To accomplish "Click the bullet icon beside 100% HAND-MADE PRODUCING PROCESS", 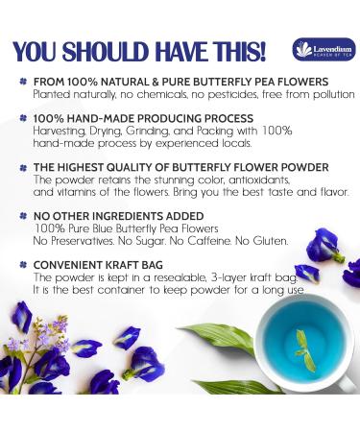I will coord(21,118).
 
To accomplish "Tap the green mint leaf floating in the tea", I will coord(305,348).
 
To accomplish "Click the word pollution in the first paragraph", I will coord(327,95).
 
